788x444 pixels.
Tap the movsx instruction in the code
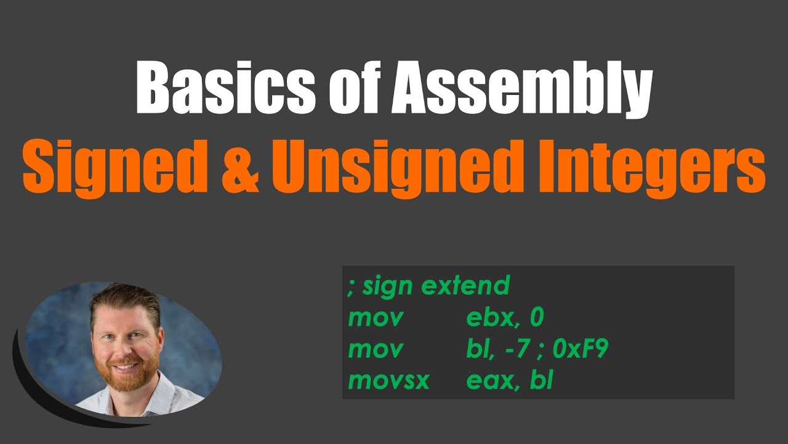388,380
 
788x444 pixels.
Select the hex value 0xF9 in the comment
580,349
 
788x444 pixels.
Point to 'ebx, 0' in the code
505,318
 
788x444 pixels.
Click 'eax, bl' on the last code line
509,380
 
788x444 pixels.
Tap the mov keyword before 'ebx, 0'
376,318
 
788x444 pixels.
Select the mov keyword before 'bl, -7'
376,349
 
